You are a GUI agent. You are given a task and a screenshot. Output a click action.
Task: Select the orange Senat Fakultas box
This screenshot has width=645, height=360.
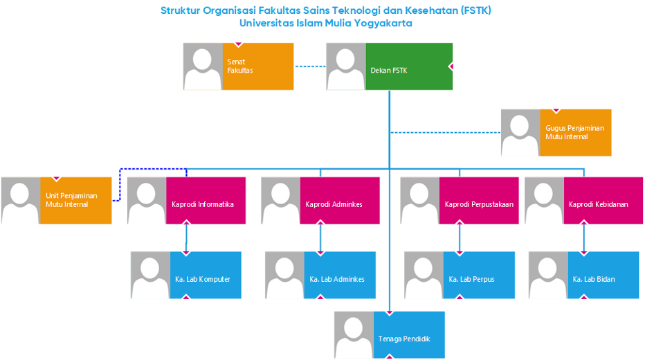tap(257, 66)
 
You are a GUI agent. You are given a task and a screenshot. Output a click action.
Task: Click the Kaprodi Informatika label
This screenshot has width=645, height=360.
tap(203, 204)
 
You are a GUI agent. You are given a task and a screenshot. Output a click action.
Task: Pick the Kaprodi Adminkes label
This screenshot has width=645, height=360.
tap(334, 204)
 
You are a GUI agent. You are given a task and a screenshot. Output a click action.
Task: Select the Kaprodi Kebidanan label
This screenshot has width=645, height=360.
tap(599, 204)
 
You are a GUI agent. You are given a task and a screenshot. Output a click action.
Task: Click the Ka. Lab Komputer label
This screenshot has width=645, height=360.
tap(203, 279)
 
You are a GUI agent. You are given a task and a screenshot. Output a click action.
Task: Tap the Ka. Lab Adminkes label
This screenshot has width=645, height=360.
tap(337, 279)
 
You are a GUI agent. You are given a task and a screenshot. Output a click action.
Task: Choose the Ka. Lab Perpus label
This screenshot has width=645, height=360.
tap(472, 279)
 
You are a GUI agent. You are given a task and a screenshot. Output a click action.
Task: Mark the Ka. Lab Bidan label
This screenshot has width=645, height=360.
tap(594, 279)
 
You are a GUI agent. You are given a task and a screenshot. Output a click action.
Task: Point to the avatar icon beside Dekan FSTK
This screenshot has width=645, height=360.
tap(346, 66)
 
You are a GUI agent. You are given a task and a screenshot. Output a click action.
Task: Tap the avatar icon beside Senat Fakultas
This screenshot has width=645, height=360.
tap(203, 66)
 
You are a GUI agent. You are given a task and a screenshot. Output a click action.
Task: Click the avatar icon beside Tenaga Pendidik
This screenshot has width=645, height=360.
tap(354, 335)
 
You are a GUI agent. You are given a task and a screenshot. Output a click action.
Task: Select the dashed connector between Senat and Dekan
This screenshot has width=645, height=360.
tap(310, 66)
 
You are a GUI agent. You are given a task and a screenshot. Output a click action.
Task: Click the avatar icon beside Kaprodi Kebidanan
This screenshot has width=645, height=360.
tap(545, 201)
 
